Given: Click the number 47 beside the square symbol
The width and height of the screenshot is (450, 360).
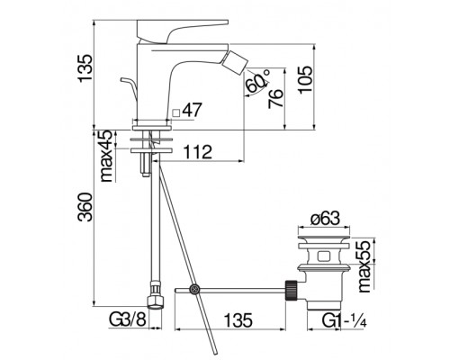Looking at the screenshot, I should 193,112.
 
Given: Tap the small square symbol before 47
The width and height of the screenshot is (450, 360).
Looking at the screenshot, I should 176,112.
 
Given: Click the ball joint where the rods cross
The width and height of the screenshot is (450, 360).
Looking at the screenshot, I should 193,289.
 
